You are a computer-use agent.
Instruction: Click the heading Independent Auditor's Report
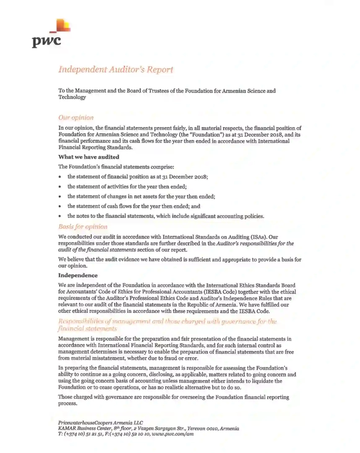click(115, 70)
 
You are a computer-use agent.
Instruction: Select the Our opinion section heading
click(76, 118)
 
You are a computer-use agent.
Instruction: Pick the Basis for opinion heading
click(83, 227)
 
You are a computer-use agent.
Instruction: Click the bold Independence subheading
click(78, 276)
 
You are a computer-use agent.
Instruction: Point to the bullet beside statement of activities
click(61, 187)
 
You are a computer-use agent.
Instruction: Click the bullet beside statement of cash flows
click(61, 206)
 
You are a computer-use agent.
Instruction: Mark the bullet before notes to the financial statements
click(61, 216)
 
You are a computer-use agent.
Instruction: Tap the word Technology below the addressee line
click(72, 97)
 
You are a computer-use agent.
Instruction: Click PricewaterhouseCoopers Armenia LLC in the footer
click(101, 422)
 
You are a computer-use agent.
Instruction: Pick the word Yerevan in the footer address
click(188, 429)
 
